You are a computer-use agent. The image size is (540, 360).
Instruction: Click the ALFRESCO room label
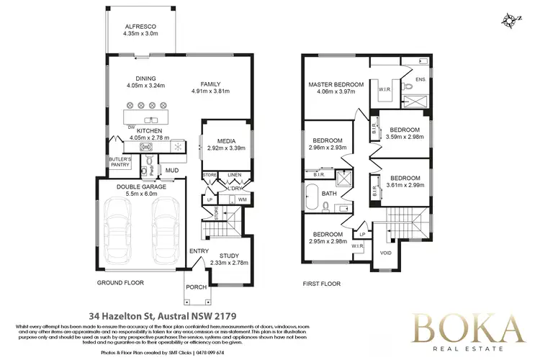click(140, 27)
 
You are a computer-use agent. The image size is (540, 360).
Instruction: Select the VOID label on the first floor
click(386, 253)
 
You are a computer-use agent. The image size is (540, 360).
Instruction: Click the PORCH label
click(197, 287)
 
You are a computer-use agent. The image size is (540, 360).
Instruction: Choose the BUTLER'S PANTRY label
click(120, 161)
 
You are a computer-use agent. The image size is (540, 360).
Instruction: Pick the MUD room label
click(172, 171)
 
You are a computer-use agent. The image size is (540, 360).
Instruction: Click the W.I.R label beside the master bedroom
click(384, 89)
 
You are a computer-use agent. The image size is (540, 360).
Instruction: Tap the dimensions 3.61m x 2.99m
click(405, 185)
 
